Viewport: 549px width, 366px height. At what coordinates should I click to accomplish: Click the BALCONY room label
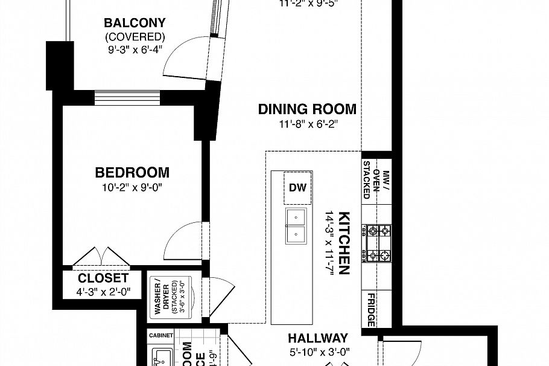tap(135, 24)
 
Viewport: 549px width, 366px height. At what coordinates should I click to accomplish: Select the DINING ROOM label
tap(307, 109)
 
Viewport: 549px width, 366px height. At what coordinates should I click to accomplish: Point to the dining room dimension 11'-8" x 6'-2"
tap(307, 124)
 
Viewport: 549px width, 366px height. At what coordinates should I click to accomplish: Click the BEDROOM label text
tap(132, 173)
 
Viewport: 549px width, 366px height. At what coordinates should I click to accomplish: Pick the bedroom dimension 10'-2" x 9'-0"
tap(132, 187)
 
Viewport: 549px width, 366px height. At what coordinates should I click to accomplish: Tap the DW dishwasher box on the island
tap(297, 187)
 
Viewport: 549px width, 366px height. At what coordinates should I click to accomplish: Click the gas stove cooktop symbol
tap(377, 243)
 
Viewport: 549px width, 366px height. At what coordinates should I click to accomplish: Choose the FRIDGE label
tap(371, 309)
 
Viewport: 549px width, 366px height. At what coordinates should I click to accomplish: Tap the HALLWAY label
tap(317, 338)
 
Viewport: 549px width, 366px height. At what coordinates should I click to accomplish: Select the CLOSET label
tap(103, 278)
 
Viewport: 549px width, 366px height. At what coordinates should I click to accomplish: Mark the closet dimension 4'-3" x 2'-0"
tap(103, 292)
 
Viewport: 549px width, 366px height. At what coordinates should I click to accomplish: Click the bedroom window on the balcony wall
tap(127, 98)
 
